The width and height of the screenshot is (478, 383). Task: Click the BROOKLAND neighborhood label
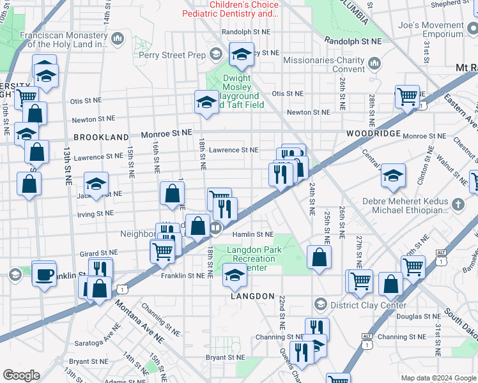click(101, 137)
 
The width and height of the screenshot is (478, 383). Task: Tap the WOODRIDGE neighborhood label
click(374, 134)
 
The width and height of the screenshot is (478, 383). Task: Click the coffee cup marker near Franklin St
click(43, 274)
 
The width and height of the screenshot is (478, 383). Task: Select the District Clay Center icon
click(321, 304)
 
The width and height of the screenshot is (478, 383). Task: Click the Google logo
click(21, 375)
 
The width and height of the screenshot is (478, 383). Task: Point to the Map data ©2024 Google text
click(438, 378)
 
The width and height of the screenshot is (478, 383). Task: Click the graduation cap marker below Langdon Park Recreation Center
click(235, 276)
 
